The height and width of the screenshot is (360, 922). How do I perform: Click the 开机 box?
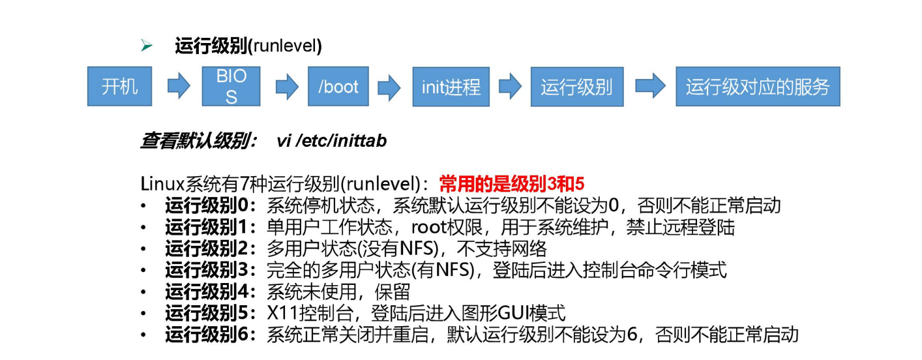(x=119, y=86)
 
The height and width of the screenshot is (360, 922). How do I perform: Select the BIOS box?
(x=231, y=86)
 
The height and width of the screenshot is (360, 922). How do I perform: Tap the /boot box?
(x=338, y=86)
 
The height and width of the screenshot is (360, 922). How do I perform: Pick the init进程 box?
(x=451, y=86)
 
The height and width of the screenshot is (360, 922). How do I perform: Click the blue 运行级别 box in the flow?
(x=576, y=86)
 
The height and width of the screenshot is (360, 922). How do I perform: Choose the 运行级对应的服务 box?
(x=758, y=86)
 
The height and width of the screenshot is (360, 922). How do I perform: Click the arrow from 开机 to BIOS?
(x=178, y=86)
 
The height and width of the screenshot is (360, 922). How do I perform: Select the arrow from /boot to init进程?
(x=389, y=87)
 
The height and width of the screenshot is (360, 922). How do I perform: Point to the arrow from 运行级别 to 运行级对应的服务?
(x=649, y=86)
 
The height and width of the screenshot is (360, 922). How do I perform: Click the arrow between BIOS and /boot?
(x=286, y=86)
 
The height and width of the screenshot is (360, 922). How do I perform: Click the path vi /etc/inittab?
(x=332, y=140)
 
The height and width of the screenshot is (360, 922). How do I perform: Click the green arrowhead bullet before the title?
(x=147, y=46)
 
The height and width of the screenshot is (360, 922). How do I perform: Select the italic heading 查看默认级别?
(x=198, y=140)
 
